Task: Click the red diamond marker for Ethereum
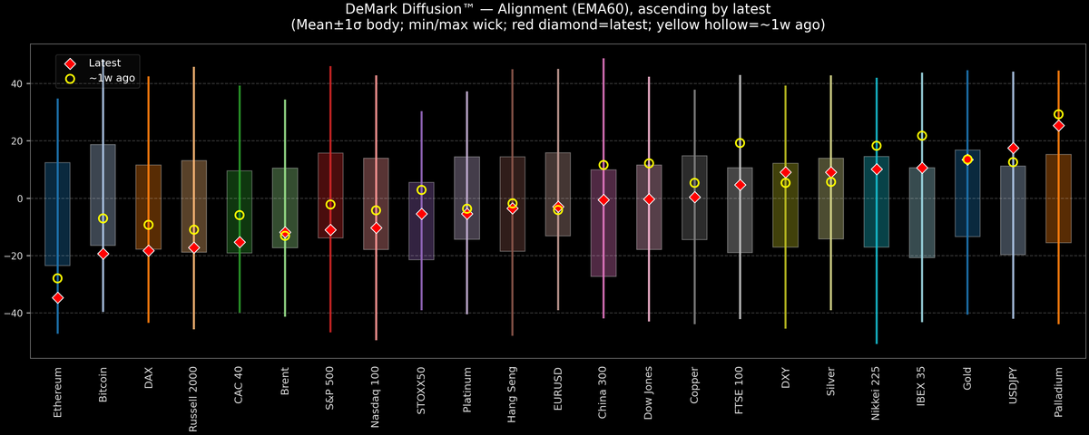click(x=57, y=297)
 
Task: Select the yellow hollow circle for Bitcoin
click(x=103, y=218)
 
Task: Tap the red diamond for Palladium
click(x=1058, y=126)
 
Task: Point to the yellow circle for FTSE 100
click(x=740, y=143)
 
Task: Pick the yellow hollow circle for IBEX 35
click(x=922, y=136)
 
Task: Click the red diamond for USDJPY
click(x=1013, y=149)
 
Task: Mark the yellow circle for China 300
click(x=603, y=165)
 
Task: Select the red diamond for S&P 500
click(x=330, y=230)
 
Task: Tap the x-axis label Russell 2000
click(x=194, y=400)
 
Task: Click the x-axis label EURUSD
click(x=558, y=392)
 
